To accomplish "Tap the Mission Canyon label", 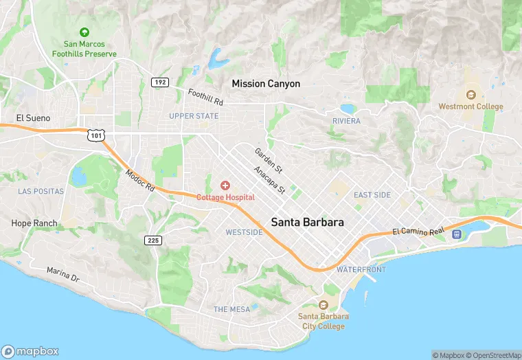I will point(266,84).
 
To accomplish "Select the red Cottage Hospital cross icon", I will point(225,185).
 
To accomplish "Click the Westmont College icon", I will point(470,95).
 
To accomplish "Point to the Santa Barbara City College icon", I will point(324,304).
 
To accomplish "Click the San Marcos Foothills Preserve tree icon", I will point(84,32).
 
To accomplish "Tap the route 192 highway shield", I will point(160,82).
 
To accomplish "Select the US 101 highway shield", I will point(95,135).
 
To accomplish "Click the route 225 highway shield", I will point(154,240).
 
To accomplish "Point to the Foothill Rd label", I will point(206,97).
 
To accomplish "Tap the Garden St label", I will point(269,159).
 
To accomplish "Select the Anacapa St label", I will point(269,179).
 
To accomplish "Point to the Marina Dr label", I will point(63,275).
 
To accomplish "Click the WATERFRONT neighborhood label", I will point(361,269).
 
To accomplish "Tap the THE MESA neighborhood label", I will point(231,309).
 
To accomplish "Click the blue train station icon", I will point(457,234).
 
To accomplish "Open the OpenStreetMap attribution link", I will point(493,355).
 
